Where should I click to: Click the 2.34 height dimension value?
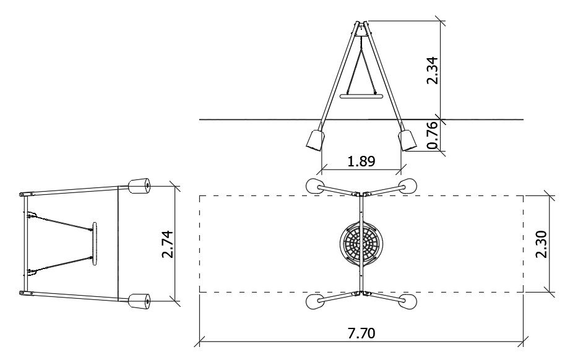[433, 71]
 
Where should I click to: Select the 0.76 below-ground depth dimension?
[433, 135]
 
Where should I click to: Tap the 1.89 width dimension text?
[361, 161]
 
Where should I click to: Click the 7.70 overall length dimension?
[361, 333]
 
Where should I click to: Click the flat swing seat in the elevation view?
[361, 96]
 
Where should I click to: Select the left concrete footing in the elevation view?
[315, 140]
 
